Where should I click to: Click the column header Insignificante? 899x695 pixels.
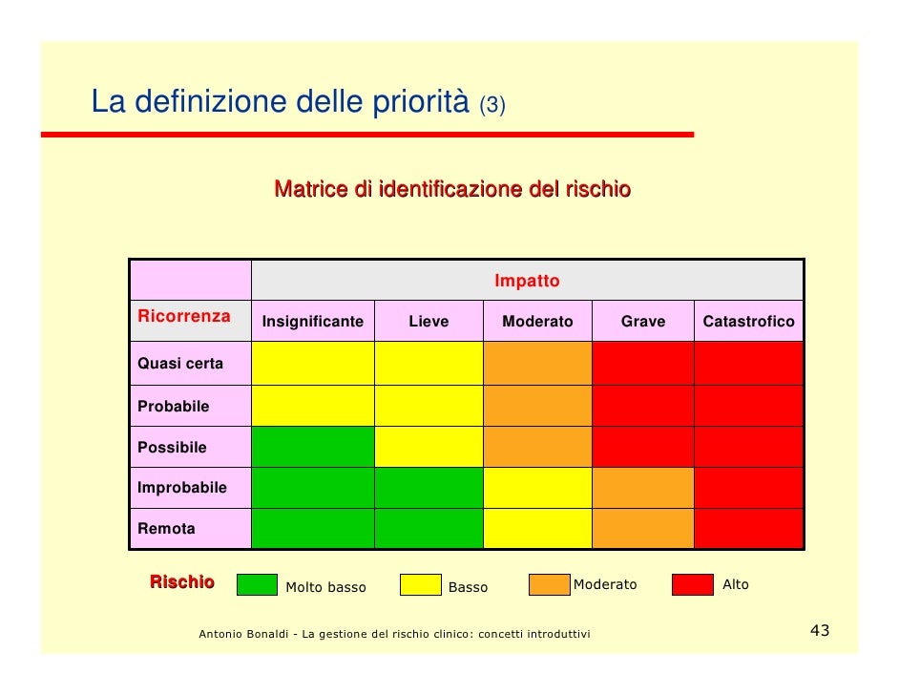tap(313, 322)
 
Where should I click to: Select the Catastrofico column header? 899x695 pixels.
tap(748, 322)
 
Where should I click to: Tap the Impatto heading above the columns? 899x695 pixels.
tap(527, 282)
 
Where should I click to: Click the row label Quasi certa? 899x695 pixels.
tap(180, 364)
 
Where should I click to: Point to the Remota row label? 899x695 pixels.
tap(166, 528)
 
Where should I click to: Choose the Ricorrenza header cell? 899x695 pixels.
tap(184, 316)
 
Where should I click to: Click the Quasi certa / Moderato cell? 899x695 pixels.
tap(537, 363)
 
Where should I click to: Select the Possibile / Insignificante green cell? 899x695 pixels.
tap(313, 446)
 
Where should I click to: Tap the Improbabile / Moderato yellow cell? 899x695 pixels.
tap(537, 487)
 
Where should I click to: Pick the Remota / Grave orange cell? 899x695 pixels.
tap(643, 528)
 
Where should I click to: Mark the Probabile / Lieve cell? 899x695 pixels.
tap(429, 405)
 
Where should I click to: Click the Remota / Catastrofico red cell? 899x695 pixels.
tap(748, 528)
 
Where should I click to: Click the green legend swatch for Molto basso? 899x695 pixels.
tap(257, 584)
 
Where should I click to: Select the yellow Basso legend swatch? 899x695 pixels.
tap(420, 584)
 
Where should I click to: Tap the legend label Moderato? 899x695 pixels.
tap(604, 584)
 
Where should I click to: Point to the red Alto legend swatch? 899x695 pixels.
tap(693, 584)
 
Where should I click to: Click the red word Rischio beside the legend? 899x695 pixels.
tap(181, 582)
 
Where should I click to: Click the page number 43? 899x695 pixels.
tap(819, 631)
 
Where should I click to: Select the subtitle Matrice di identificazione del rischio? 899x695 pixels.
tap(452, 189)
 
